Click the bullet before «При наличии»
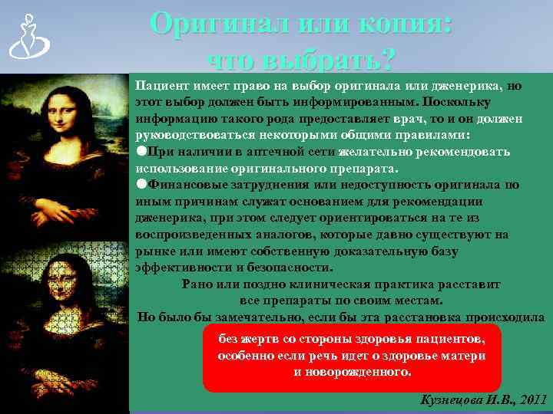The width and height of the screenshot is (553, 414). coord(141,151)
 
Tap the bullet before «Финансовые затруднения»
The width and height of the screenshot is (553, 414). coord(141,184)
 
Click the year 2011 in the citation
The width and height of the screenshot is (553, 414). coord(531,399)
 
